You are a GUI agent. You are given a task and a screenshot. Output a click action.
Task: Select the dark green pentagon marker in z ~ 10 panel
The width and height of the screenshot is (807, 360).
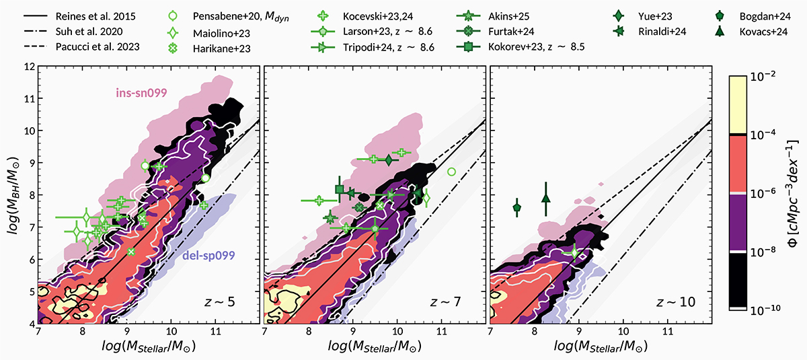(516, 208)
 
